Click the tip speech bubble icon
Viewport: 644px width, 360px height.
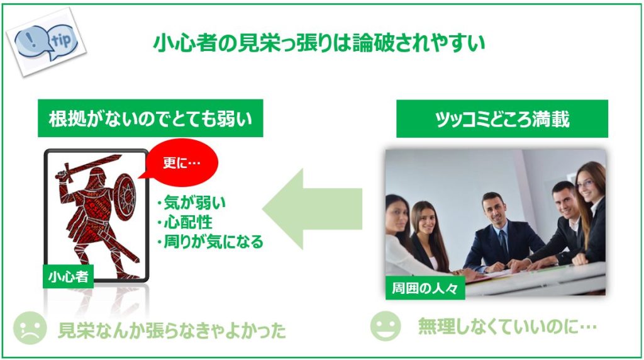point(47,42)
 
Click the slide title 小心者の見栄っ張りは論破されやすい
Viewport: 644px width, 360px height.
point(319,43)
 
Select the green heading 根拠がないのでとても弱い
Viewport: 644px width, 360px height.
point(150,118)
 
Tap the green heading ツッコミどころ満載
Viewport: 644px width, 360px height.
point(502,119)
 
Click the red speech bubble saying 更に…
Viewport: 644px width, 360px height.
point(182,163)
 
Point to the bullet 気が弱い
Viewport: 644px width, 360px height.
point(191,203)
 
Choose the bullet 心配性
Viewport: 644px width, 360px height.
point(185,222)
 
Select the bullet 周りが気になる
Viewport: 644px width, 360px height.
point(210,242)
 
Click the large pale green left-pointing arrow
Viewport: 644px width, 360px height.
point(312,209)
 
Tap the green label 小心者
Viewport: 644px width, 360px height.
point(68,276)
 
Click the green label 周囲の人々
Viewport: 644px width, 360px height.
point(425,288)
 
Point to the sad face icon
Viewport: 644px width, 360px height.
point(30,328)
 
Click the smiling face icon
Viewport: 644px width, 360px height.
point(386,326)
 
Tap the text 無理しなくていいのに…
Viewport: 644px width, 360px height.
point(508,327)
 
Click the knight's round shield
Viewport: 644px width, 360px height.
point(125,197)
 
